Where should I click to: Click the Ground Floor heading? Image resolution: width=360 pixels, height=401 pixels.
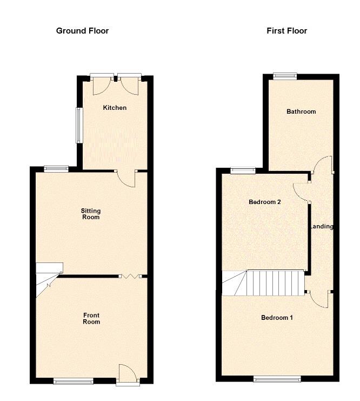[x=82, y=31]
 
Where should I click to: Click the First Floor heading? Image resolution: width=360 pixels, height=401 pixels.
[x=286, y=31]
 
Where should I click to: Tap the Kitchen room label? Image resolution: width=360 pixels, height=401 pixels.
[x=115, y=108]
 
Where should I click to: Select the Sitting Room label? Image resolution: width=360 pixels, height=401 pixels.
[x=91, y=214]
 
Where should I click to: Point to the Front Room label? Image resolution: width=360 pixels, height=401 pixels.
[x=91, y=318]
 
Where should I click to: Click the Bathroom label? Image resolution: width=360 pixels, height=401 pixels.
[x=301, y=111]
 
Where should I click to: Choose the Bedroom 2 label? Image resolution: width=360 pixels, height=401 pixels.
[x=264, y=202]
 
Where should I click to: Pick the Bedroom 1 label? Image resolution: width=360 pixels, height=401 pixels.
[x=277, y=318]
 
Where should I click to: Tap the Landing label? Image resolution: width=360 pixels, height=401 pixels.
[x=322, y=227]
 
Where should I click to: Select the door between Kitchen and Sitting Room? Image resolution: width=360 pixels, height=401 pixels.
[x=127, y=179]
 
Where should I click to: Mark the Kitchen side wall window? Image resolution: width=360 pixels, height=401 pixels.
[x=79, y=124]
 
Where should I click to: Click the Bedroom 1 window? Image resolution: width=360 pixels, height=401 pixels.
[x=277, y=380]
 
